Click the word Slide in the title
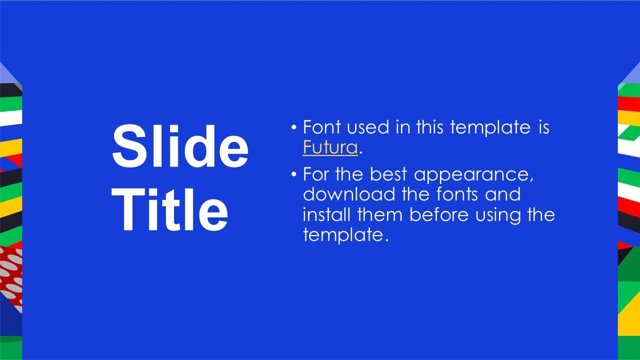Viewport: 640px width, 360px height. coord(180,145)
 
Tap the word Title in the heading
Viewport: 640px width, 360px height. coord(169,209)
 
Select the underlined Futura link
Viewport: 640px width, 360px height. coord(330,147)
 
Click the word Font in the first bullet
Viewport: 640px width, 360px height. coord(321,127)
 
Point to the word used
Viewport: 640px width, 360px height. coord(368,127)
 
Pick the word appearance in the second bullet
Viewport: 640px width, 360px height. coord(473,175)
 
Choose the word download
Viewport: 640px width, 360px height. coord(349,194)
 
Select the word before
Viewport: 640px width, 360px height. coord(439,214)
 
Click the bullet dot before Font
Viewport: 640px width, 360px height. coord(294,127)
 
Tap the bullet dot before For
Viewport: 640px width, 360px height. coord(294,174)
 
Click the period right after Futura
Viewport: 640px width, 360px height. coord(360,153)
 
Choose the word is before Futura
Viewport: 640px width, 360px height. coord(544,127)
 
